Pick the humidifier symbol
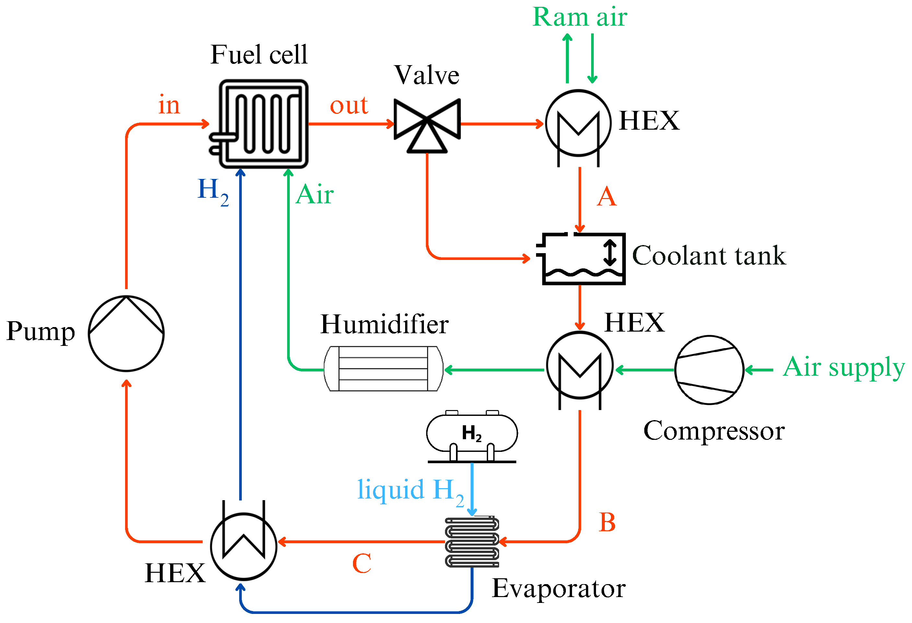click(383, 369)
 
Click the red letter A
click(607, 197)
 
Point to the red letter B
click(607, 523)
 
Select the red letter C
click(361, 564)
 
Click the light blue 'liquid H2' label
click(411, 491)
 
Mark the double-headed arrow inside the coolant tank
click(610, 253)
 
